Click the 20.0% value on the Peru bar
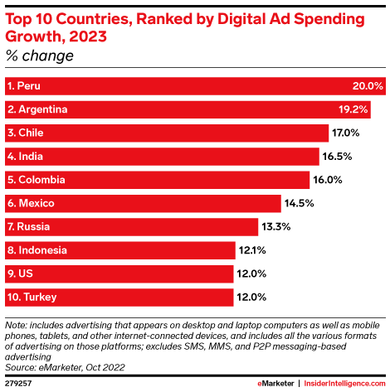click(x=368, y=86)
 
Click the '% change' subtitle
click(x=39, y=56)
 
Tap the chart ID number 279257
click(x=19, y=385)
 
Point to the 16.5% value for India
click(x=336, y=157)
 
